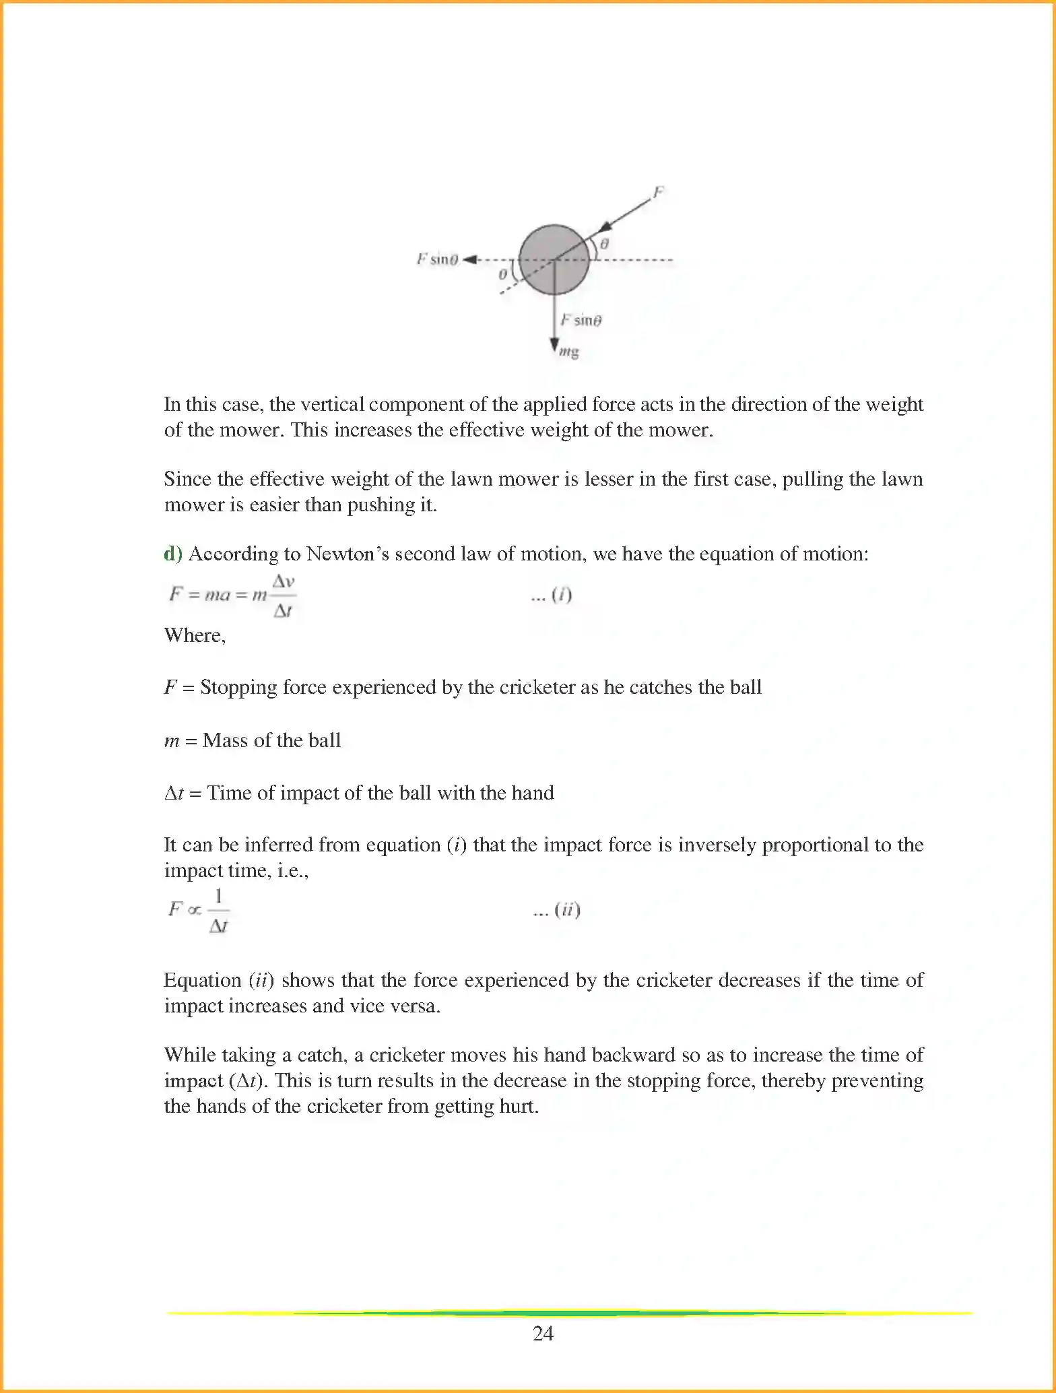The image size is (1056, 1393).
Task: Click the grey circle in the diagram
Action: [554, 260]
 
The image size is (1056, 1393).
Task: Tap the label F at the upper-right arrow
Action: [659, 193]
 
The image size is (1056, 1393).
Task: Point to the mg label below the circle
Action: [569, 352]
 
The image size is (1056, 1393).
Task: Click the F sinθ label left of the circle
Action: [437, 259]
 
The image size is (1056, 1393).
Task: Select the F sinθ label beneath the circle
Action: [581, 320]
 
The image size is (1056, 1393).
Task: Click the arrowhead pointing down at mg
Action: [554, 344]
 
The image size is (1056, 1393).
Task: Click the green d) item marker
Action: [173, 554]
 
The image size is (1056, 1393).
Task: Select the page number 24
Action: [543, 1334]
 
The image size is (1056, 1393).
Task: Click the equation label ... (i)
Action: [552, 595]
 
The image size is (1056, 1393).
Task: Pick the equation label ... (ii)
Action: [556, 910]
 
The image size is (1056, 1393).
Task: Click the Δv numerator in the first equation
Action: [284, 581]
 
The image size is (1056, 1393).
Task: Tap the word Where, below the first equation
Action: [195, 635]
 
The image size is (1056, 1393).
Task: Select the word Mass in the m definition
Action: [225, 740]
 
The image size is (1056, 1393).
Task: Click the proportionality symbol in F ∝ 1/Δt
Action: [194, 910]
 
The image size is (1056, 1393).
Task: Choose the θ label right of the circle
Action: [604, 244]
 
